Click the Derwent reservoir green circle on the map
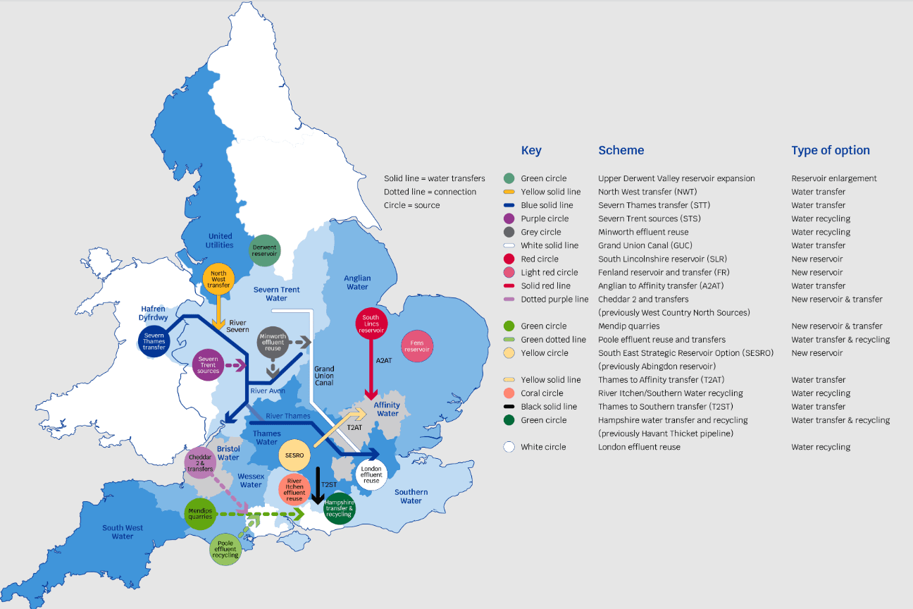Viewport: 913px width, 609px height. (x=266, y=251)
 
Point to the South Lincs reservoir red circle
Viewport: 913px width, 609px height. (x=371, y=324)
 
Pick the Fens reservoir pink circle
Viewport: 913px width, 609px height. (x=416, y=346)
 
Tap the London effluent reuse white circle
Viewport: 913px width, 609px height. (x=371, y=474)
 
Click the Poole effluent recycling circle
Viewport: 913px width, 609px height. (x=226, y=548)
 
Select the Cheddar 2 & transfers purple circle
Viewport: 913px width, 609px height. (x=201, y=463)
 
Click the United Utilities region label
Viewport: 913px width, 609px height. (x=220, y=240)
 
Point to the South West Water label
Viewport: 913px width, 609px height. (x=123, y=532)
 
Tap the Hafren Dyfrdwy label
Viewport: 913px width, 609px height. (x=153, y=314)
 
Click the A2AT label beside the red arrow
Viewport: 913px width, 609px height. (x=383, y=361)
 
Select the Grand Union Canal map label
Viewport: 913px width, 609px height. (x=324, y=376)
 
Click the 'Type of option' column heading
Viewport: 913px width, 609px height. (x=830, y=150)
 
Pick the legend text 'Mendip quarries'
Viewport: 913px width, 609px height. (x=628, y=326)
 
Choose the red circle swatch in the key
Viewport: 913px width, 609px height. (x=509, y=259)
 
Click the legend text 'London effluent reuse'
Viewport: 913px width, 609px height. (x=639, y=447)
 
